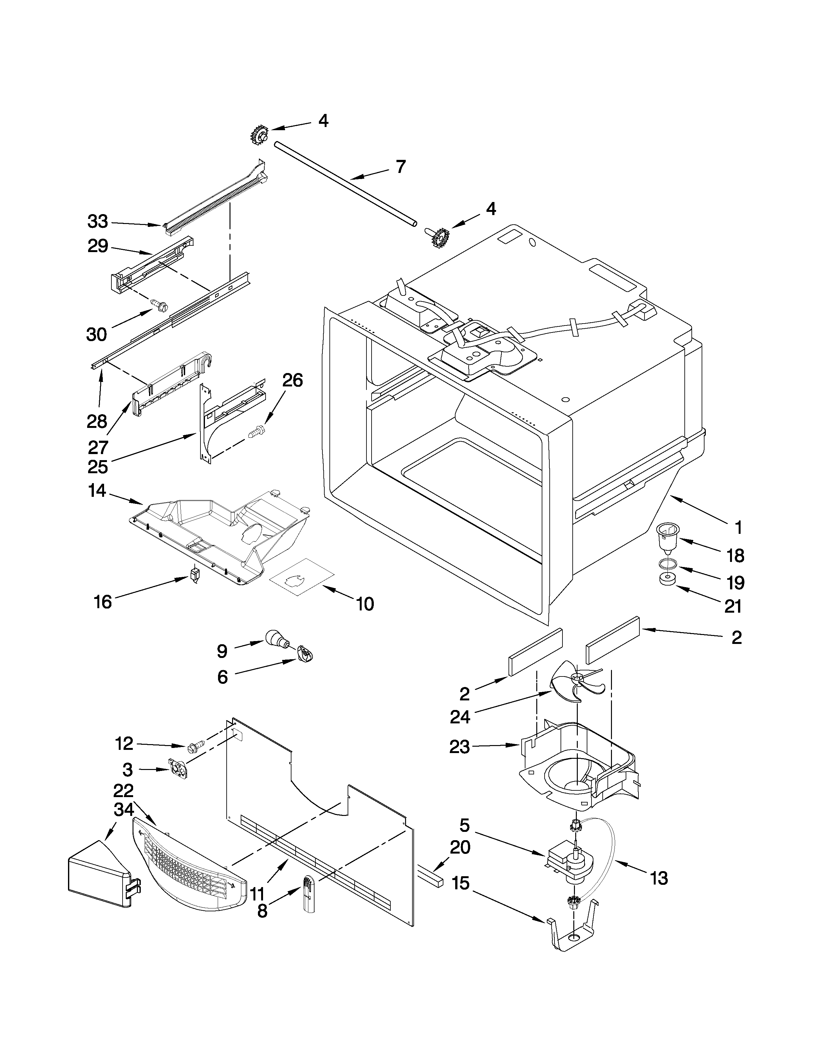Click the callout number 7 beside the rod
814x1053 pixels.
401,167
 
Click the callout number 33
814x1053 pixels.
98,222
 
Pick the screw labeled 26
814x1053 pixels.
257,429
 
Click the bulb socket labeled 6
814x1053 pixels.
305,654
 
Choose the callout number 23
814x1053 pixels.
459,747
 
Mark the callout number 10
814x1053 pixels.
366,604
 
